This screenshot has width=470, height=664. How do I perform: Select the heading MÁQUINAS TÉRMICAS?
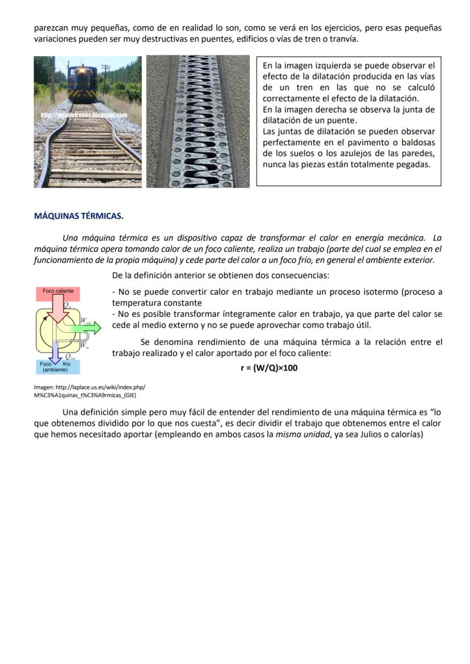tap(78, 216)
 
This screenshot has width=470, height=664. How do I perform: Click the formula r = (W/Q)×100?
tap(269, 367)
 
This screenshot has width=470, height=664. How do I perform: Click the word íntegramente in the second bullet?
tap(230, 314)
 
